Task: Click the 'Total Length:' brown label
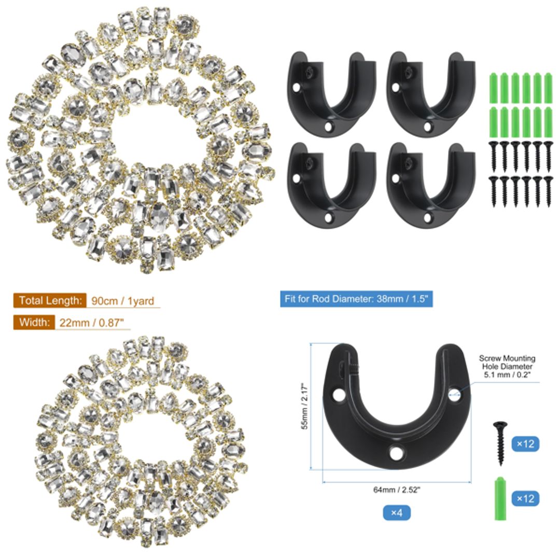50,300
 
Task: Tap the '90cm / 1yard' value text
122,301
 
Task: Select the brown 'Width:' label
34,323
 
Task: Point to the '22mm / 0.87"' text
92,323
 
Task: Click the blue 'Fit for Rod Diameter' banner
356,299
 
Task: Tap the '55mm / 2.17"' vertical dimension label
306,406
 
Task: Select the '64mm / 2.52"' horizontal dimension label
397,490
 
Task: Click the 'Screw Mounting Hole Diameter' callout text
507,366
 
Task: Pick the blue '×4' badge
397,513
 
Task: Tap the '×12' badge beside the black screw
525,444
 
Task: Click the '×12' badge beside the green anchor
525,498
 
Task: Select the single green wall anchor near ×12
500,498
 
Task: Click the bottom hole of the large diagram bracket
397,452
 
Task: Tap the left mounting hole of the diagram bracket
339,395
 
